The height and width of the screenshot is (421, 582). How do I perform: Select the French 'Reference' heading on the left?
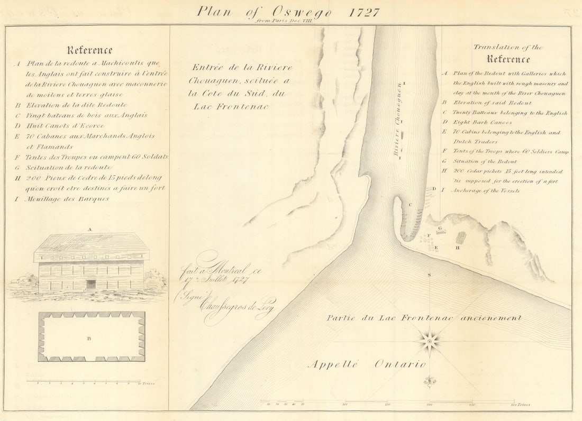click(x=89, y=50)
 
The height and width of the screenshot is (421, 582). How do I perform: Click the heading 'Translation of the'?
click(x=508, y=48)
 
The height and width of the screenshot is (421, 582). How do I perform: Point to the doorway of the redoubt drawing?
click(x=91, y=284)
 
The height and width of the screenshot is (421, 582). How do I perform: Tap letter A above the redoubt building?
click(x=90, y=230)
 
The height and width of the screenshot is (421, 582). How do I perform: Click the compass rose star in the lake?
click(x=430, y=341)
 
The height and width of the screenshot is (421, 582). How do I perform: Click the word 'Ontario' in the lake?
click(x=400, y=364)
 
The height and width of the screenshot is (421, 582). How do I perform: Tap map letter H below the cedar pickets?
click(x=459, y=248)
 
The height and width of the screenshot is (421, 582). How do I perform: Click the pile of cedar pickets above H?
click(x=461, y=237)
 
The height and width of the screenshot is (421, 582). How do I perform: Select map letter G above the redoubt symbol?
click(x=440, y=228)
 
